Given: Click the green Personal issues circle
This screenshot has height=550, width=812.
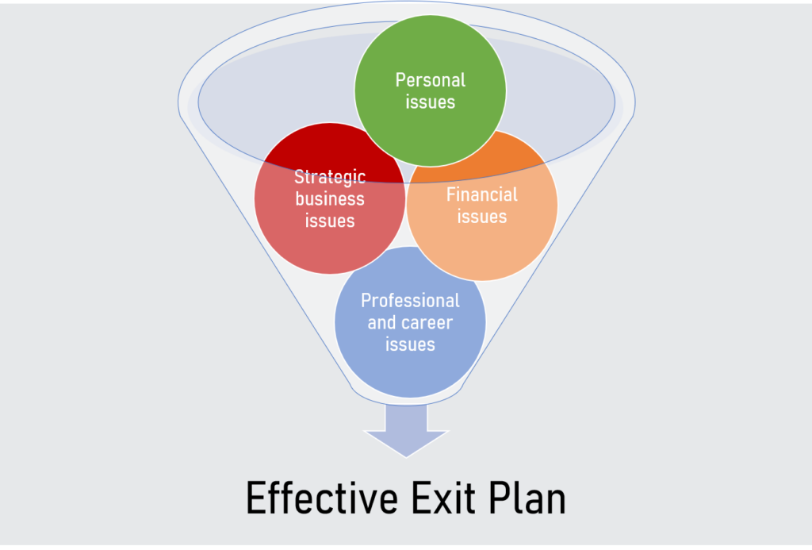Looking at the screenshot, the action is (430, 90).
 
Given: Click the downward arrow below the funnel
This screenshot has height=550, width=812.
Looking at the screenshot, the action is (406, 431).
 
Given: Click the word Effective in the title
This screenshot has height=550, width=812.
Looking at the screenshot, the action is (322, 498).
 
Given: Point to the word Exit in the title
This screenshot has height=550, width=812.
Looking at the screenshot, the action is (443, 498).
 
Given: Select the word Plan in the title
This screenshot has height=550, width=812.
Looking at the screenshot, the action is (527, 498).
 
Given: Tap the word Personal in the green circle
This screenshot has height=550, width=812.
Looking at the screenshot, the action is (431, 80).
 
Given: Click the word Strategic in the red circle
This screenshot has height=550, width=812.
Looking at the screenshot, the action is (330, 177).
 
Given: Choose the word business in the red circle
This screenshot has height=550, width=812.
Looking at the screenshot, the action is (330, 199).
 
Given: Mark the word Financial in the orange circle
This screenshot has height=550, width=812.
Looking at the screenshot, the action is (482, 195).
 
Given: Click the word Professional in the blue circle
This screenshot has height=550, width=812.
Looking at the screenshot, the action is (410, 301).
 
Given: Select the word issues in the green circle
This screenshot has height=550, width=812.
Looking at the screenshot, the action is (431, 102).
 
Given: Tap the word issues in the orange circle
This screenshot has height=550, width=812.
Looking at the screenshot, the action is (482, 217).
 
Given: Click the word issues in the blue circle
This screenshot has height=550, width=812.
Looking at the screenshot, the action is (410, 344).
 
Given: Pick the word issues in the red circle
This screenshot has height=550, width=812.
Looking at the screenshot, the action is (330, 221).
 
